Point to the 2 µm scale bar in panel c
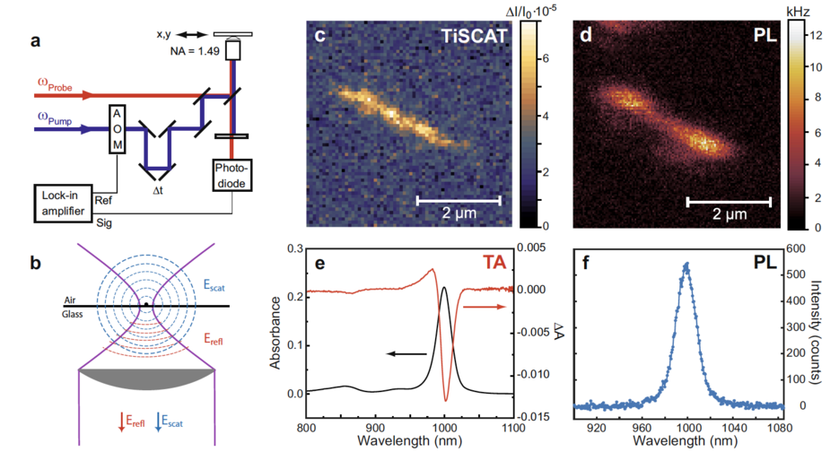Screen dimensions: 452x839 tap(458, 200)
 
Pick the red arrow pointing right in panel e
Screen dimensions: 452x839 tap(482, 306)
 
